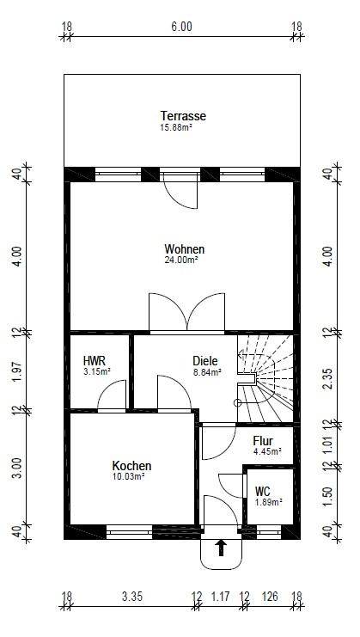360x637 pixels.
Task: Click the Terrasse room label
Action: (x=183, y=116)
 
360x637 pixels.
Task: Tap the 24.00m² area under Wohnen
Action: (x=180, y=260)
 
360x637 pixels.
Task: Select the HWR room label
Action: (x=95, y=361)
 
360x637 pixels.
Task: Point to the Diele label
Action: (x=205, y=361)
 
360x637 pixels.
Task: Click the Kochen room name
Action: (x=131, y=466)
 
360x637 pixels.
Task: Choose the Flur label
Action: (x=263, y=441)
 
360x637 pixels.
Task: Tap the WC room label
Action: (x=263, y=492)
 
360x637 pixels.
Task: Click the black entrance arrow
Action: (x=221, y=548)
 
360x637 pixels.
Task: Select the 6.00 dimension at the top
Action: (x=181, y=27)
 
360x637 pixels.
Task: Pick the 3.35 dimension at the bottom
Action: (x=132, y=597)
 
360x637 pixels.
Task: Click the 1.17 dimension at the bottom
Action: (x=221, y=597)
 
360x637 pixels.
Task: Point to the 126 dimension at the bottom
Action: (x=270, y=597)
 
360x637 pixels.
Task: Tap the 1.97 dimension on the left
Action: (x=17, y=371)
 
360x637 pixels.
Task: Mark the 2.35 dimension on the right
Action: (x=328, y=378)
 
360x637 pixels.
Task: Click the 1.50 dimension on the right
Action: (x=328, y=496)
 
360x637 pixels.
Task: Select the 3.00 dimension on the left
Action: (x=17, y=468)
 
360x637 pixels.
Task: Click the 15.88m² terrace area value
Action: (x=176, y=127)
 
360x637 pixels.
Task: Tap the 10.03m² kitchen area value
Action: (x=128, y=476)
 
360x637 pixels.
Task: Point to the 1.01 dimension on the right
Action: (x=328, y=444)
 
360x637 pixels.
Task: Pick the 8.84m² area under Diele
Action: (x=207, y=371)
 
